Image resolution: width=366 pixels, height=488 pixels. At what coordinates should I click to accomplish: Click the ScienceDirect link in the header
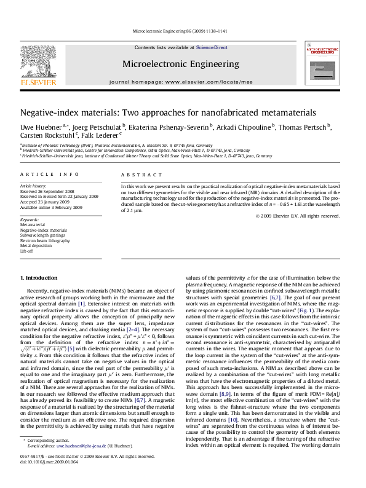(212, 47)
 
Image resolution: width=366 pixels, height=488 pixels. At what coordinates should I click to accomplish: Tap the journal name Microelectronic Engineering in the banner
(180, 64)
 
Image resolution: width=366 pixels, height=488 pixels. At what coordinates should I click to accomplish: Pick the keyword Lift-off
(27, 251)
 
